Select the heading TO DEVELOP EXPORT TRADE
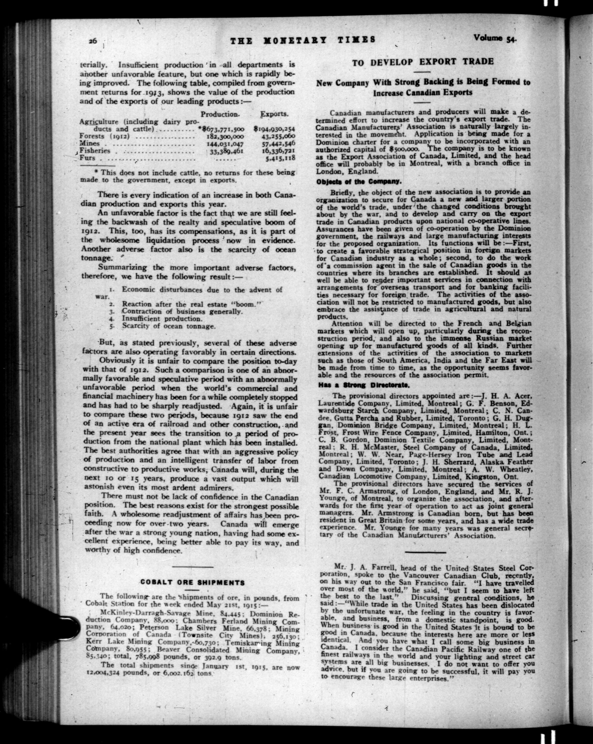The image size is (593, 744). click(x=423, y=62)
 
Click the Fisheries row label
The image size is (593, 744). click(x=95, y=151)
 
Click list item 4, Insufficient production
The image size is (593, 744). click(x=161, y=319)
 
